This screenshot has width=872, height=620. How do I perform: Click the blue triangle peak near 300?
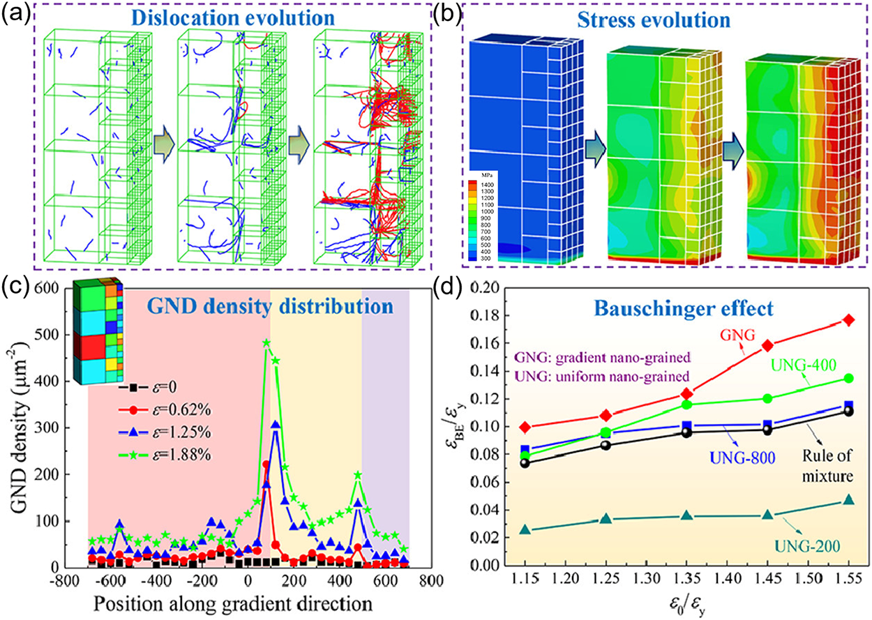click(276, 424)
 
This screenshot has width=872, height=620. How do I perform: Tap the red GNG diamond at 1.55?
click(848, 319)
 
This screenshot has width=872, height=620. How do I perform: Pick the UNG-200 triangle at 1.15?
click(525, 530)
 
